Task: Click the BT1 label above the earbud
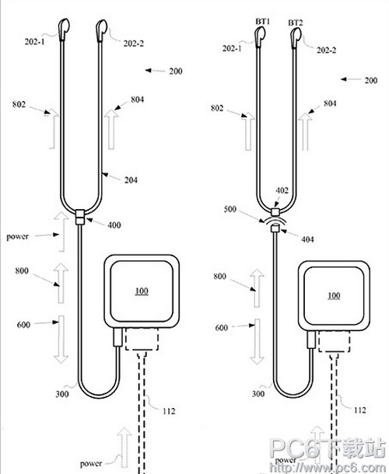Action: click(x=263, y=21)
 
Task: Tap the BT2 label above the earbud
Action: click(x=296, y=23)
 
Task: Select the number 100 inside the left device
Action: click(x=142, y=291)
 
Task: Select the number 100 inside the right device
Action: click(x=334, y=295)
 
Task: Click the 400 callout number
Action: click(x=114, y=225)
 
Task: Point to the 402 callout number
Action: click(x=282, y=190)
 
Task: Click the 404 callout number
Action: click(x=307, y=239)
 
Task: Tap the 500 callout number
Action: click(x=230, y=209)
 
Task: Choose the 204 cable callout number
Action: click(x=131, y=180)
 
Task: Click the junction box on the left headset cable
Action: click(x=79, y=217)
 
